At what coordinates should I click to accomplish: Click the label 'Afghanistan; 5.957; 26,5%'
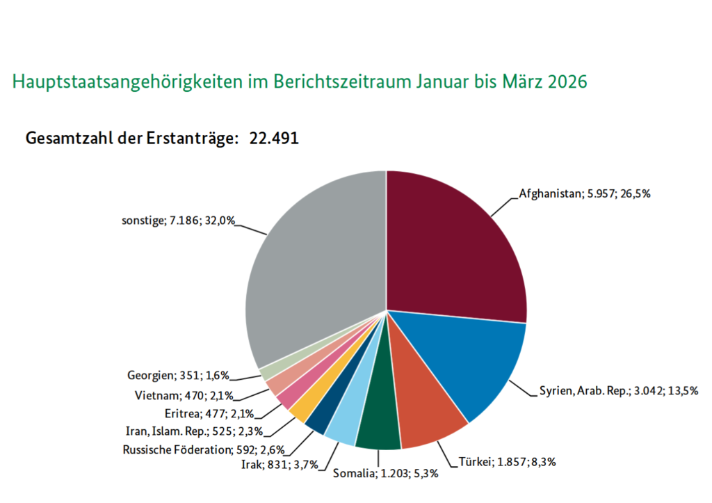[x=584, y=194]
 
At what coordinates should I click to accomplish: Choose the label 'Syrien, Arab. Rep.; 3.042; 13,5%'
[x=618, y=390]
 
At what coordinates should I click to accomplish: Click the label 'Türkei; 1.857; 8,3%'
[x=508, y=461]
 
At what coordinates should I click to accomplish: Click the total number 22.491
[x=274, y=138]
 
